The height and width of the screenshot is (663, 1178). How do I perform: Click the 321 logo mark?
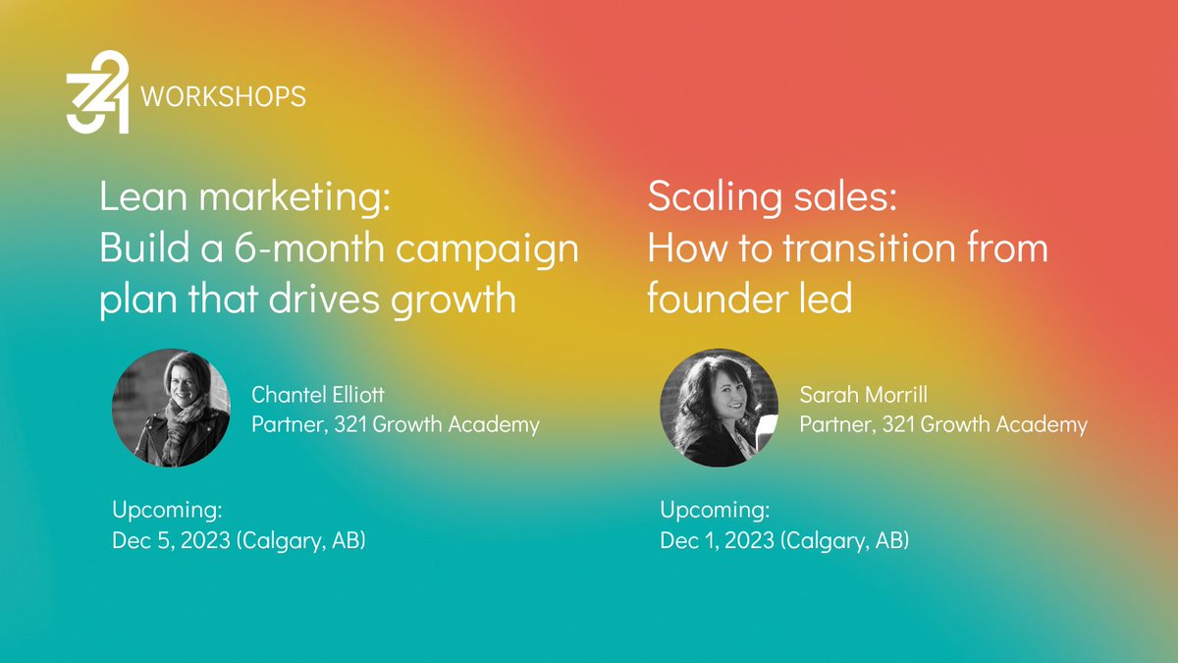point(98,91)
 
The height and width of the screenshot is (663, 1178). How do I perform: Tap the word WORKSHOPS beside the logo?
point(224,97)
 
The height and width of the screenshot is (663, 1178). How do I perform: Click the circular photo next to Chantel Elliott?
point(171,407)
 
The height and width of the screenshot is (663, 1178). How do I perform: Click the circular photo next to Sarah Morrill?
point(719,407)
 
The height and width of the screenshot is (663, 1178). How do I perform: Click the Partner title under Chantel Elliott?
point(396,424)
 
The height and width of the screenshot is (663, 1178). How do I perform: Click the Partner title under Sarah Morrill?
point(943,424)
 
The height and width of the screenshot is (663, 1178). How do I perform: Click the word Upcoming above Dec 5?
point(168,511)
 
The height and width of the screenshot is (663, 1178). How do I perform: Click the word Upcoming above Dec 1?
point(715,511)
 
